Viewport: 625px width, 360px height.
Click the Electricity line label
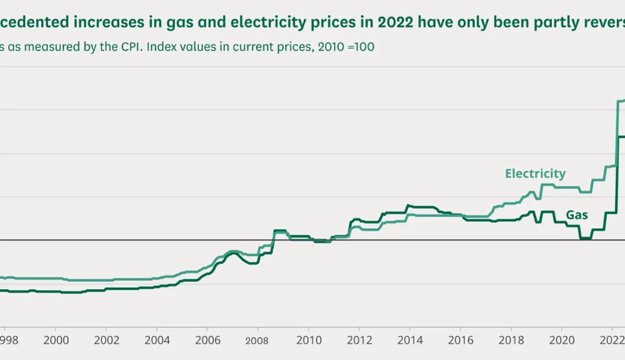coord(535,174)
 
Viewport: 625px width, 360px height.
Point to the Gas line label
coord(577,215)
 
